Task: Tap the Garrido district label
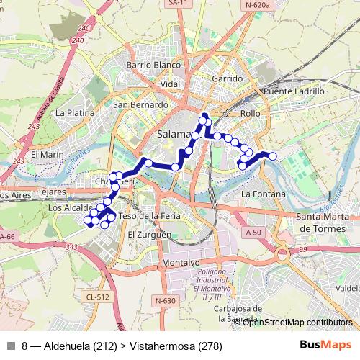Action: (228, 78)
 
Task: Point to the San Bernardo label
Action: (140, 104)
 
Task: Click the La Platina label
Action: (75, 113)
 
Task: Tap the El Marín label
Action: (48, 154)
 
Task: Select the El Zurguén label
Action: (150, 235)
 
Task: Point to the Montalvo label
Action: (179, 263)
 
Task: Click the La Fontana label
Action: (264, 194)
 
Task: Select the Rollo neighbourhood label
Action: (250, 114)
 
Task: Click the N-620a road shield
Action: (256, 5)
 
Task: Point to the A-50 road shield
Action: (253, 233)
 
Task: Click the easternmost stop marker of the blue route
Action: (273, 156)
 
